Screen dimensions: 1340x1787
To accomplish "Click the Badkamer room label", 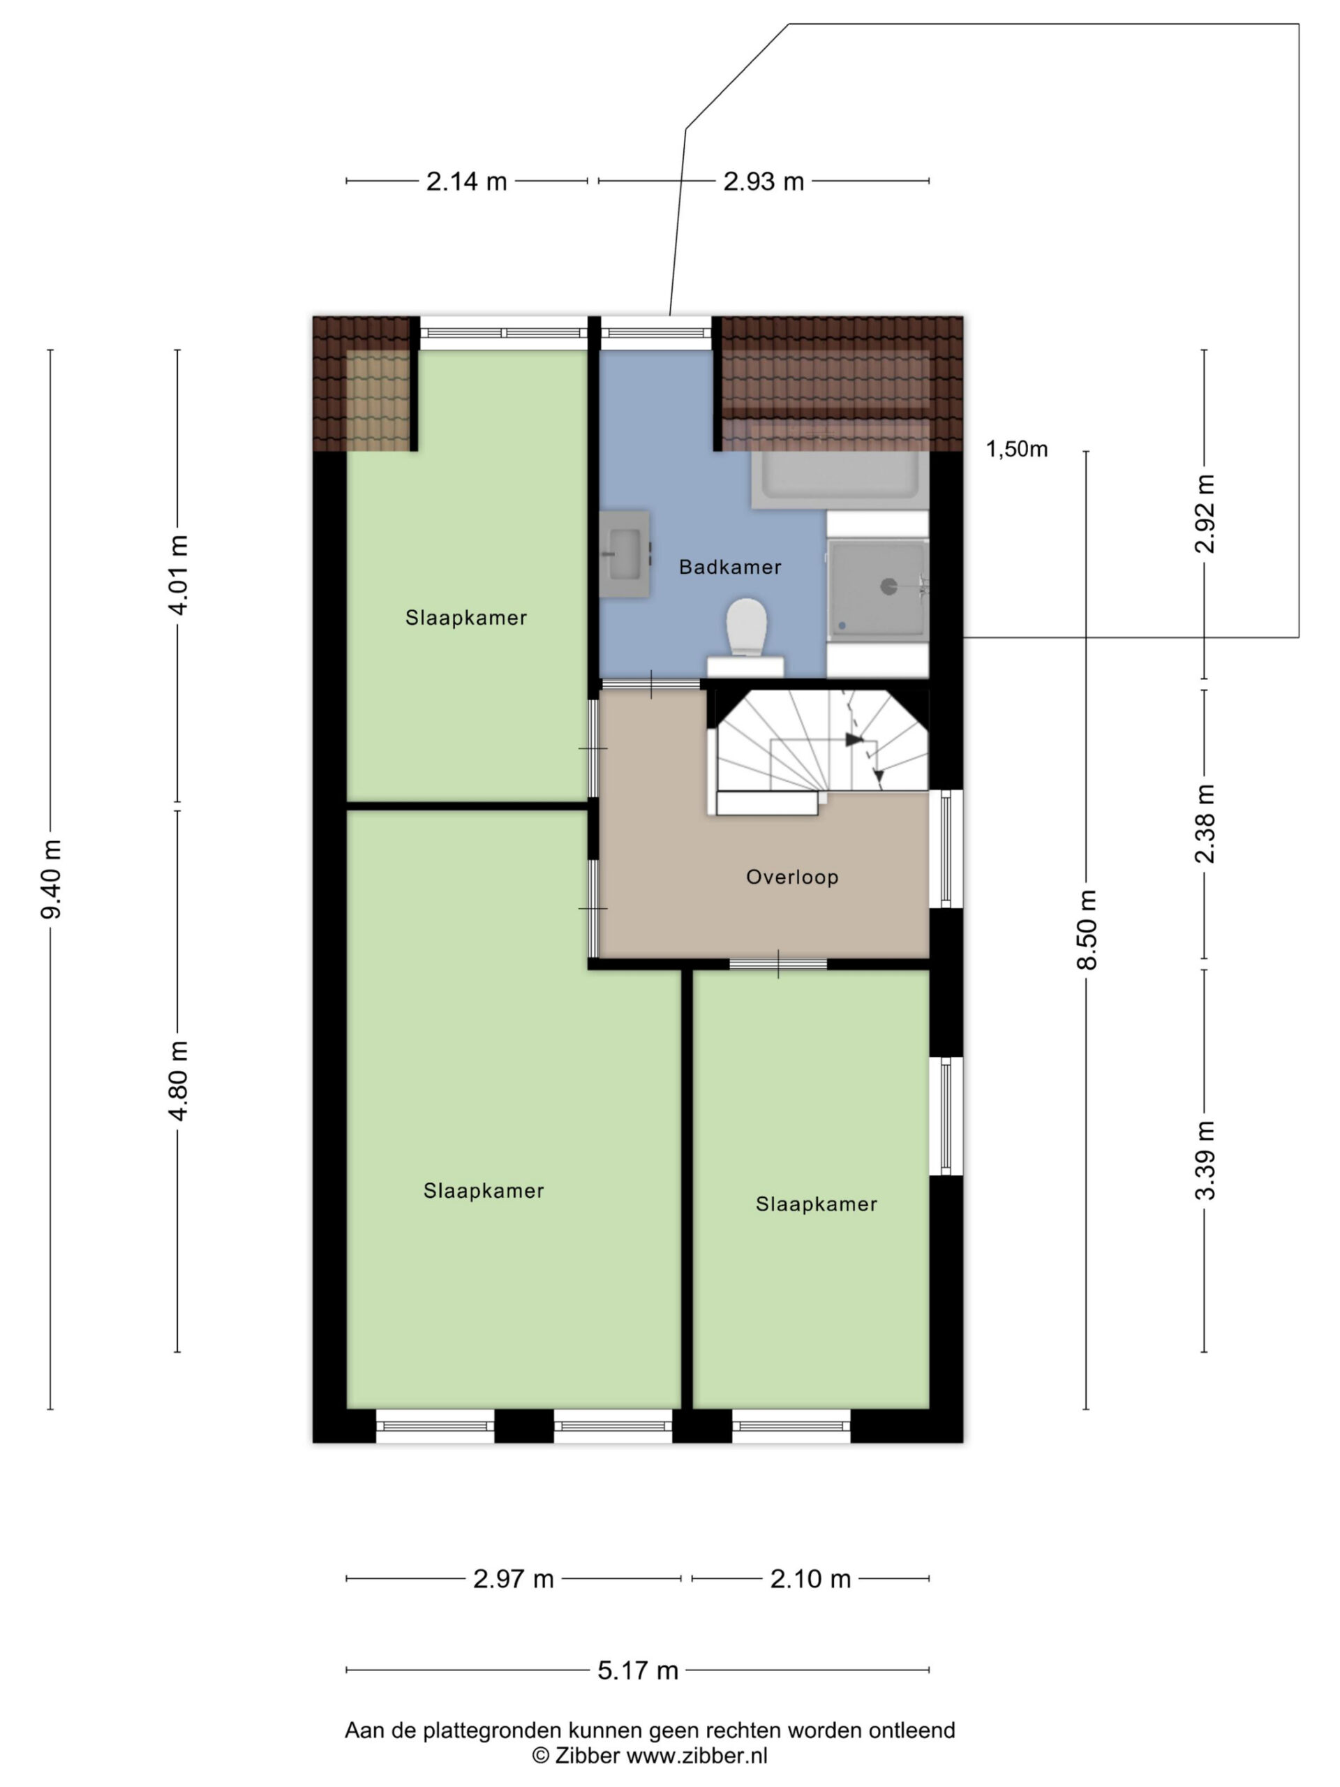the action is tap(729, 567).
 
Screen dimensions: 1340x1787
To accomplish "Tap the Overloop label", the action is tap(791, 877).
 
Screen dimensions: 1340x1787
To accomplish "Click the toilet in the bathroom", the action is tap(745, 637).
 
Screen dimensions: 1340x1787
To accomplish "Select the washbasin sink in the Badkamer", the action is tap(625, 554).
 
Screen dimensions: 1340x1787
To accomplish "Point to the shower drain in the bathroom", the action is tap(888, 586).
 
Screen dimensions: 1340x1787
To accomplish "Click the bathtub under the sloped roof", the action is tap(837, 478).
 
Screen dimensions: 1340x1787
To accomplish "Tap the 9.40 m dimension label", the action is tap(51, 879).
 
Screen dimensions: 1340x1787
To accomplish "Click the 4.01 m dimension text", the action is tap(178, 574).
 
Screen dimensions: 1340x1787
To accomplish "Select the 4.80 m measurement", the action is tap(178, 1080).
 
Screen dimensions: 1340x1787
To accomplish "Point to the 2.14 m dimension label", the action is tap(466, 181).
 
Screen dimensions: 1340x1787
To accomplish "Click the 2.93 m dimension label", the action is tap(764, 181).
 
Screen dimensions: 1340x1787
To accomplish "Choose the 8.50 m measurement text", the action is tap(1087, 929).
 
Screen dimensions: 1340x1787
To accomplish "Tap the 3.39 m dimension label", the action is tap(1205, 1160).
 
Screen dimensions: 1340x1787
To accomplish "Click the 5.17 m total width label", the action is tap(637, 1670).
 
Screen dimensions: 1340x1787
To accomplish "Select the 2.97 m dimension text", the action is tap(513, 1578).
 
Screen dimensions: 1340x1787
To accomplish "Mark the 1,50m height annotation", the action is tap(1016, 449).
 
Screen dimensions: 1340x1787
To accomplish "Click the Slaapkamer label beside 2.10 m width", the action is tap(816, 1203).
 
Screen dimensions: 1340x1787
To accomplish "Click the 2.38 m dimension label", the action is tap(1205, 823).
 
